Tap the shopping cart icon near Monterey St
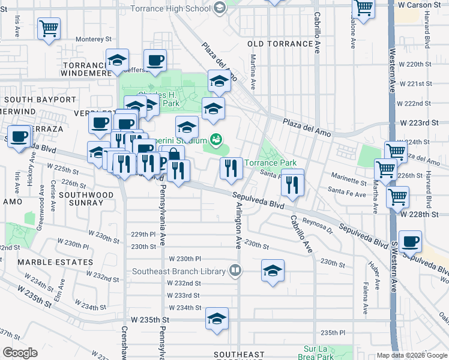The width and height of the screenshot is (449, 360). coord(49,28)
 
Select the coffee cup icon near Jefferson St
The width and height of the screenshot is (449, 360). coord(155,61)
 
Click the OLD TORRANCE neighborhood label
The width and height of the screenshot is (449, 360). coord(280,44)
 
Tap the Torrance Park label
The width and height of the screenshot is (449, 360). coord(270,163)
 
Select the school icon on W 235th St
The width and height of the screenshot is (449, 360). coord(217,319)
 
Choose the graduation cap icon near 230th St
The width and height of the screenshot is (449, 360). coord(273,270)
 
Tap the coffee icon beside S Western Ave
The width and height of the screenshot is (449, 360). coord(410,241)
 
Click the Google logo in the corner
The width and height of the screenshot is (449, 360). coord(20,353)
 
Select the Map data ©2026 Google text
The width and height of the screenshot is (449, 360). coord(412,355)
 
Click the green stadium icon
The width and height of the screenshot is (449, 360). coord(217,140)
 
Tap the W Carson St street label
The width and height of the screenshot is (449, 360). coord(423,5)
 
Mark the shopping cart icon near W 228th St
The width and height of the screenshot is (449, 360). coord(397,196)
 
